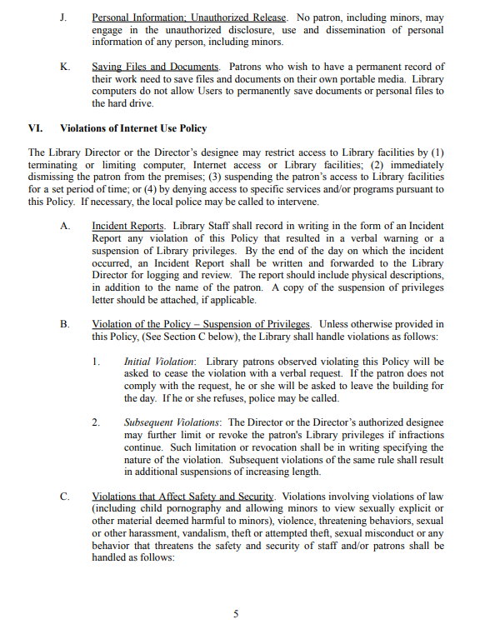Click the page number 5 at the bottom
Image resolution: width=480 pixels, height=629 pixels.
(x=236, y=614)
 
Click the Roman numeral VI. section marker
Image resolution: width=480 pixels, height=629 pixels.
(x=36, y=128)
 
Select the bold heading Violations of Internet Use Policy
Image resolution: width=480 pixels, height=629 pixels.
(x=133, y=128)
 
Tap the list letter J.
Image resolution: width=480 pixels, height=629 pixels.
(x=62, y=17)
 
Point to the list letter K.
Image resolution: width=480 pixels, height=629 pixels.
(x=63, y=67)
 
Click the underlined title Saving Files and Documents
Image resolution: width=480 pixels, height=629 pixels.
(x=156, y=67)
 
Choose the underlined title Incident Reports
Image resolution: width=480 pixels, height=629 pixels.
(x=128, y=226)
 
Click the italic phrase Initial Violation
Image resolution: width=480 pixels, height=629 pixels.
(x=159, y=362)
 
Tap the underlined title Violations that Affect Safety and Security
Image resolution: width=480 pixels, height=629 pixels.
(x=183, y=497)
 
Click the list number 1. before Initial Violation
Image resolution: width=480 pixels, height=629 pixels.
(x=97, y=362)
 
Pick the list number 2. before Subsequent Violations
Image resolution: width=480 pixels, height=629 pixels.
(x=97, y=422)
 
